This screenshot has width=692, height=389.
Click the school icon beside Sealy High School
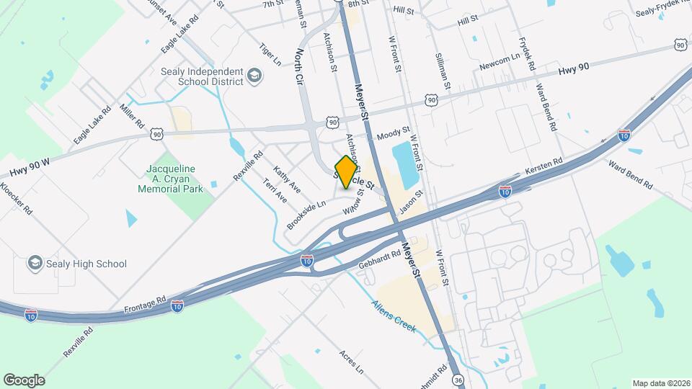pos(35,264)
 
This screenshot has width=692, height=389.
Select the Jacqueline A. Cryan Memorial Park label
pos(172,179)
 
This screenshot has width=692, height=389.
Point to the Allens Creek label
pos(394,316)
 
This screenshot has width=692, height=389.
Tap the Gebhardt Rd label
pos(380,263)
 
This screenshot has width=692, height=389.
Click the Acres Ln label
pos(351,364)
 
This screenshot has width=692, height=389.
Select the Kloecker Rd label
pos(17,197)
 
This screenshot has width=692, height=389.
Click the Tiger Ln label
pos(270,56)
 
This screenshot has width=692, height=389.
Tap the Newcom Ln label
pos(500,62)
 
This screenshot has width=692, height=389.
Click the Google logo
pos(24,380)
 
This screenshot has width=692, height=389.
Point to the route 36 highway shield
pos(458,379)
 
